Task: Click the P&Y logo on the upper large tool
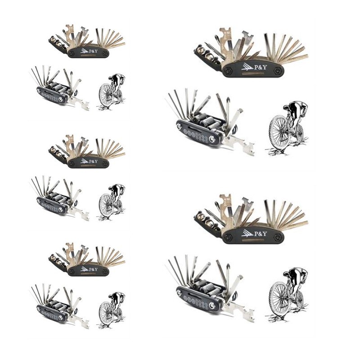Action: click(x=254, y=67)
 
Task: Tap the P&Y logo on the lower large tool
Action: click(x=254, y=233)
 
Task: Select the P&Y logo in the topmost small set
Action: click(x=89, y=51)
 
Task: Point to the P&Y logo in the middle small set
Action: click(x=89, y=161)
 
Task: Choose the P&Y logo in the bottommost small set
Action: click(x=89, y=269)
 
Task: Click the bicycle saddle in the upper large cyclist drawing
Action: click(x=287, y=107)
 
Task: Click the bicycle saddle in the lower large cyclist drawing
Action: click(x=287, y=274)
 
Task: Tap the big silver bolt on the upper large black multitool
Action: click(x=211, y=139)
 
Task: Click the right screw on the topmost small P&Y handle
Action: click(x=105, y=54)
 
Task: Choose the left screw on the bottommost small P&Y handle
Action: click(x=72, y=272)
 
